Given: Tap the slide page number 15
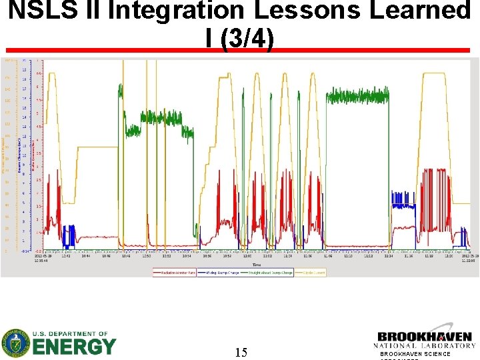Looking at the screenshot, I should coord(241,352).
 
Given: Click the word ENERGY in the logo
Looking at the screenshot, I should coord(74,346).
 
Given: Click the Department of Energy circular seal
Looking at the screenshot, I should coord(15,343).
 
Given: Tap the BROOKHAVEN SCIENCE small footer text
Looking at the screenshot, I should coord(415,354).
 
